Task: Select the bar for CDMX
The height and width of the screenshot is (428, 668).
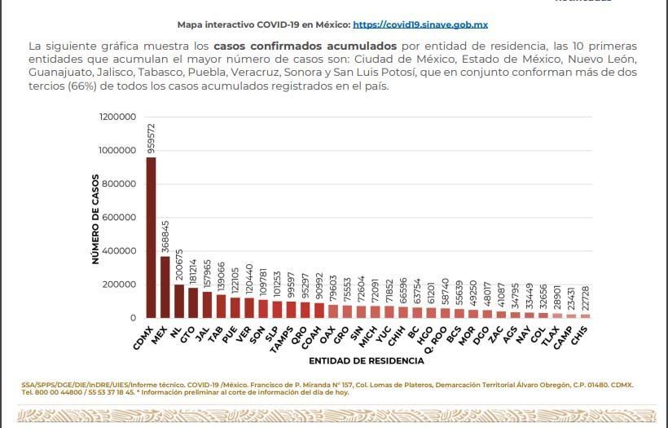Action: point(151,236)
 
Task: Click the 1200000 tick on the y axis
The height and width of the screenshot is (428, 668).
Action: point(117,117)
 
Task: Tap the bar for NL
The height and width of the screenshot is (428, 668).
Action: point(178,301)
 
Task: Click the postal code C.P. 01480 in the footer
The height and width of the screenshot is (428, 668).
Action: point(579,384)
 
